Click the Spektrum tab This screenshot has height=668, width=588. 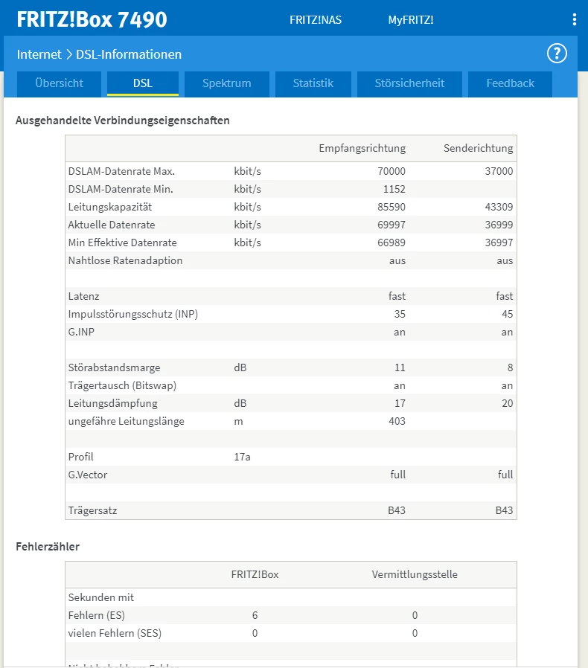click(x=226, y=83)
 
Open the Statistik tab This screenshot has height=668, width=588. click(x=313, y=83)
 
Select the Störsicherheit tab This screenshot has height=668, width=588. click(x=409, y=83)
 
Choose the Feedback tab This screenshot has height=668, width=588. click(x=510, y=83)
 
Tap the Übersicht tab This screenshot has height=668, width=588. click(x=59, y=83)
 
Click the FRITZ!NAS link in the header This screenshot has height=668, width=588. click(x=316, y=20)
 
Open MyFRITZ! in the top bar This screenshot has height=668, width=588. click(x=411, y=20)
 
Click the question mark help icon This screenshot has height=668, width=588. click(x=557, y=54)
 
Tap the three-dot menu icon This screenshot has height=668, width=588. click(x=574, y=20)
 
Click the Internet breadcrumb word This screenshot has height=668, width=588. click(x=39, y=54)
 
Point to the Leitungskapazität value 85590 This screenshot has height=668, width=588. click(x=391, y=207)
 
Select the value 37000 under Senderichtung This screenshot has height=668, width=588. click(x=498, y=171)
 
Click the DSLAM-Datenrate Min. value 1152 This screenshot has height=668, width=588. click(x=394, y=189)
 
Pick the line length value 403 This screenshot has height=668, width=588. click(x=397, y=421)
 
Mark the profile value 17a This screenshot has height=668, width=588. click(x=242, y=457)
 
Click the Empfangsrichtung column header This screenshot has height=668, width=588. click(x=362, y=148)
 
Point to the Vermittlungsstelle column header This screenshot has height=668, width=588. click(x=415, y=574)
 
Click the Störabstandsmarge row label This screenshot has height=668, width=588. click(x=114, y=367)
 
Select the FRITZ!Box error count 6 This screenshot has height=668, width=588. click(x=255, y=615)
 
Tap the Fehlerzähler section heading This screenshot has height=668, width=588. click(x=48, y=547)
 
